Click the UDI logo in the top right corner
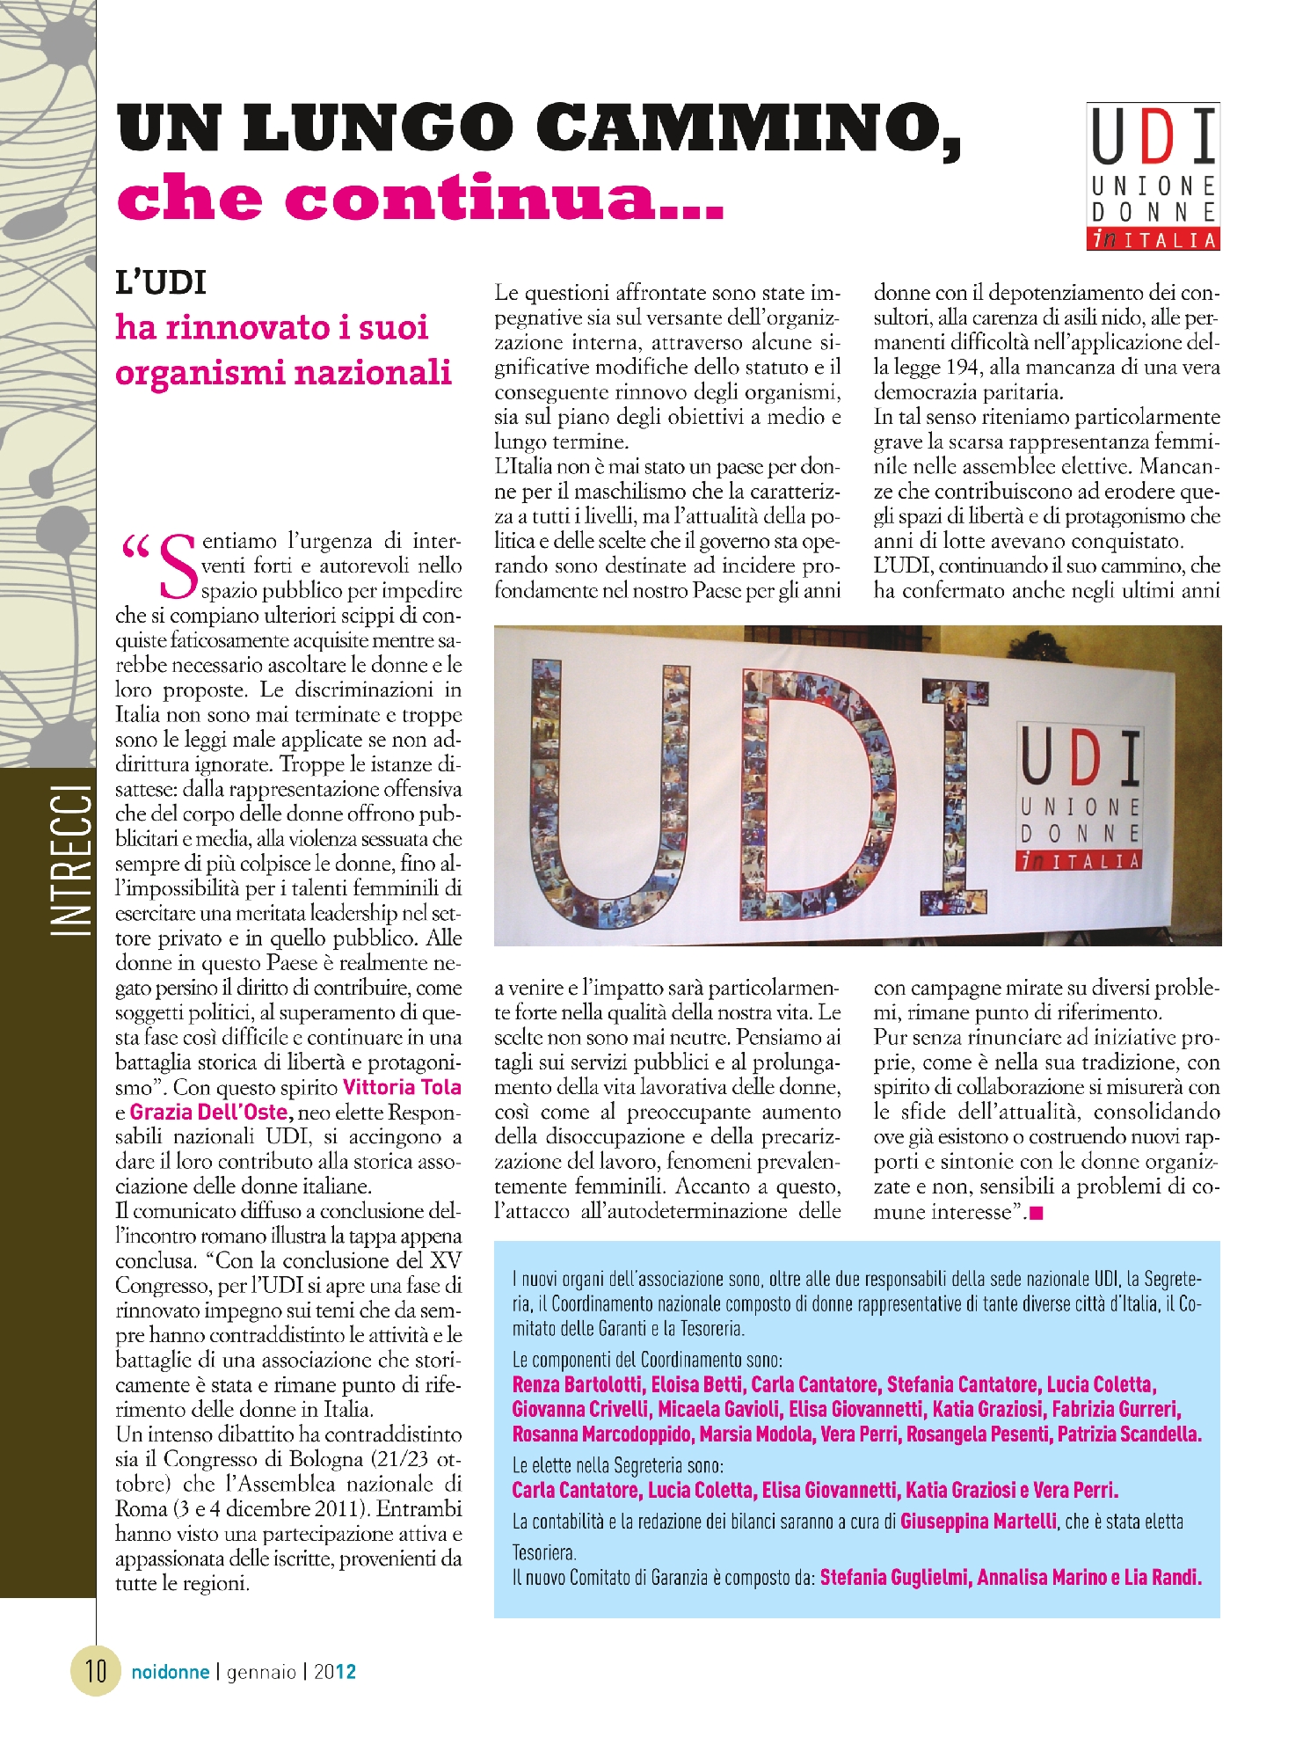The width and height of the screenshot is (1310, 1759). [1153, 176]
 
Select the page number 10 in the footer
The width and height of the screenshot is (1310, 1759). [95, 1669]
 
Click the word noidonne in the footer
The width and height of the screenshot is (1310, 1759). [171, 1672]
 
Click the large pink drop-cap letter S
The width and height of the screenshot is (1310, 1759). [178, 563]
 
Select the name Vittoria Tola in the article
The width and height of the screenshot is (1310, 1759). [402, 1087]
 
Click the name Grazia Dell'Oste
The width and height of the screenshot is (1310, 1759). [208, 1112]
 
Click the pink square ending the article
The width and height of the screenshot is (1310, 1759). [1036, 1214]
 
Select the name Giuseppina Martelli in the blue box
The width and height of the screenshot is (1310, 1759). [978, 1521]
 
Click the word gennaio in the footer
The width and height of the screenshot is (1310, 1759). [261, 1672]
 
